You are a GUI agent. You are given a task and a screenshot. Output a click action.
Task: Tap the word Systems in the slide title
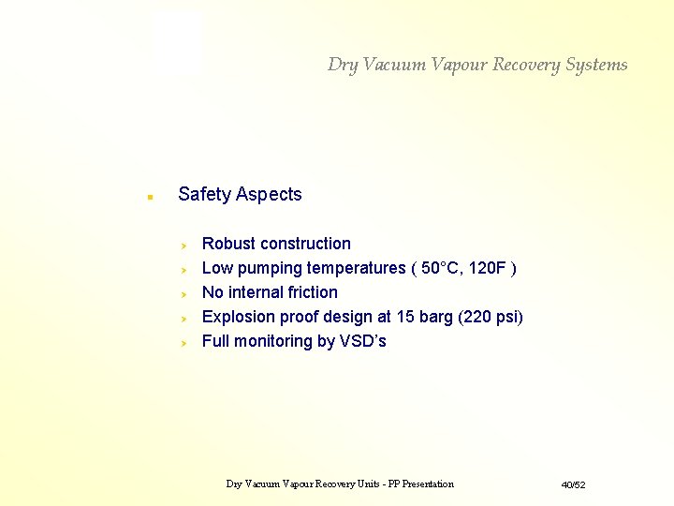[596, 65]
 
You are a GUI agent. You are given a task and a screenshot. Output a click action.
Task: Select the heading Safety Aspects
[240, 194]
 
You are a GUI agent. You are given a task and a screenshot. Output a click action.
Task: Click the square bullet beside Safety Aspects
[148, 197]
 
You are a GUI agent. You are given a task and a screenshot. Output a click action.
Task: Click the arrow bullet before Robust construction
[184, 245]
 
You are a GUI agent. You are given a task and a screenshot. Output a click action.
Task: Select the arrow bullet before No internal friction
[184, 293]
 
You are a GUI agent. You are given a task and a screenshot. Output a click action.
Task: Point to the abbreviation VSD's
[363, 341]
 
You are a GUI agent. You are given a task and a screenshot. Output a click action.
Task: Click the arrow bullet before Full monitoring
[184, 342]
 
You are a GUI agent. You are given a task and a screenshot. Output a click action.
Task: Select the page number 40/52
[573, 484]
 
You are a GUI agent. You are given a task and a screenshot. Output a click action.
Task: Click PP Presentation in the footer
[420, 484]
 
